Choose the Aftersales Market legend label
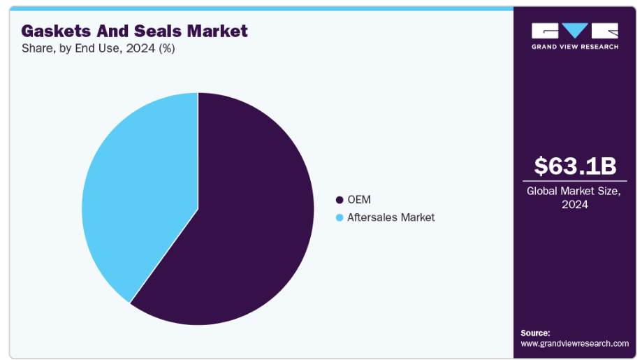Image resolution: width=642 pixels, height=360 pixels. pyautogui.click(x=391, y=217)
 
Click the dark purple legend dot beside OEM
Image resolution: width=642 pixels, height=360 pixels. pyautogui.click(x=340, y=200)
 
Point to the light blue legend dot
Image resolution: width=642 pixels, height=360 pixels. pyautogui.click(x=340, y=217)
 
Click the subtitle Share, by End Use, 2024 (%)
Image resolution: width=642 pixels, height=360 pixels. pyautogui.click(x=98, y=48)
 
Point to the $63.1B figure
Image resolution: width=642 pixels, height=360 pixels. pyautogui.click(x=576, y=166)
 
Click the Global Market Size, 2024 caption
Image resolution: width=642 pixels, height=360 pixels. pyautogui.click(x=576, y=197)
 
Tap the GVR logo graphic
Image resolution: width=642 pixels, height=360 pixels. pyautogui.click(x=575, y=31)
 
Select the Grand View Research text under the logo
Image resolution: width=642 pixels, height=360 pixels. pyautogui.click(x=575, y=47)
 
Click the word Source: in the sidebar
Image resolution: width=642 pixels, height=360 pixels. pyautogui.click(x=535, y=333)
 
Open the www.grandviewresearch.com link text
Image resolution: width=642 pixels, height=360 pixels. pyautogui.click(x=574, y=343)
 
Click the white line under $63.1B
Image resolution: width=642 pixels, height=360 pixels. pyautogui.click(x=576, y=181)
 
